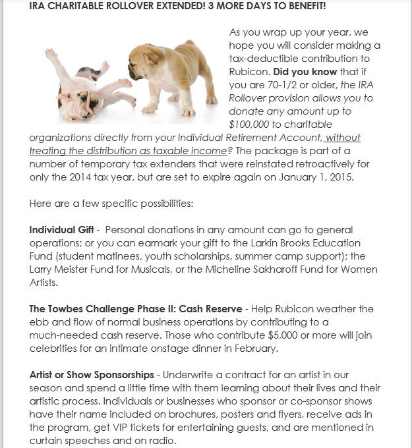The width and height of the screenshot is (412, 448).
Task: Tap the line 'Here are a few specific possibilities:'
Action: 111,204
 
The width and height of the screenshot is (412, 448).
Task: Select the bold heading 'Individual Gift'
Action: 59,231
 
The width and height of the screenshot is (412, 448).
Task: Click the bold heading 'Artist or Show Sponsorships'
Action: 92,375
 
